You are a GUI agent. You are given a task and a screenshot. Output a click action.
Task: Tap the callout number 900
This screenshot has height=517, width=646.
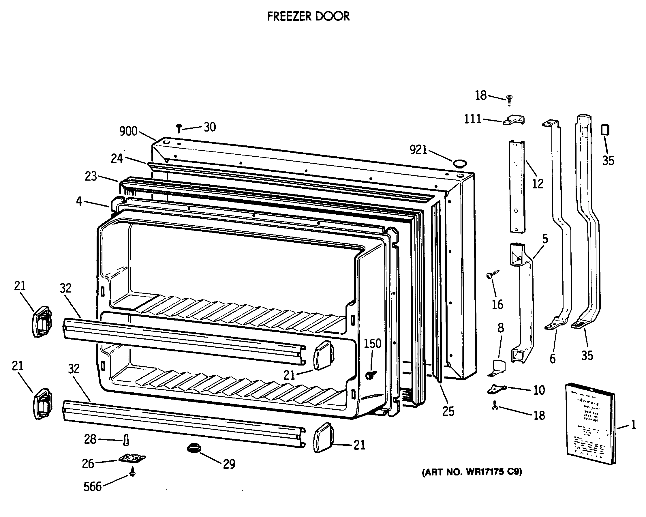[128, 131]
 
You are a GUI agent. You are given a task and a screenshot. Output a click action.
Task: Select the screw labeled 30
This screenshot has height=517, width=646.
[179, 129]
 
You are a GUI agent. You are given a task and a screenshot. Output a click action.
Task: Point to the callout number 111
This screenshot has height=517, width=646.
[472, 119]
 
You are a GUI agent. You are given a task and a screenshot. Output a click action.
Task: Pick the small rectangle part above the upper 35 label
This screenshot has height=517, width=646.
[605, 131]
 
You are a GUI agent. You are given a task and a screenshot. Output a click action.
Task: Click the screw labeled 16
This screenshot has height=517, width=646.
[493, 274]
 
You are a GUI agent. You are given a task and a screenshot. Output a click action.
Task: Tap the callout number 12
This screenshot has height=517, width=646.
[538, 184]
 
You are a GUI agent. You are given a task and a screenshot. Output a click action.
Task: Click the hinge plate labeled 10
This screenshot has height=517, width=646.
[497, 389]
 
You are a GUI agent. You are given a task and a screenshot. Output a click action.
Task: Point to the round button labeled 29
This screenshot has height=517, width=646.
[194, 448]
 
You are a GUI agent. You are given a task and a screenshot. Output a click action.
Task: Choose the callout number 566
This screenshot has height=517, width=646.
[93, 486]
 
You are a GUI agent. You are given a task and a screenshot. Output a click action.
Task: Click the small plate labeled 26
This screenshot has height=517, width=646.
[132, 458]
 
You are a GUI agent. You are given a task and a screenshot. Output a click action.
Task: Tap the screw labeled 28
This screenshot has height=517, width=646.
[126, 440]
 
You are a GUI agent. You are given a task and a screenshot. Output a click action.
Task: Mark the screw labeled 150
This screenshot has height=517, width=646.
[371, 375]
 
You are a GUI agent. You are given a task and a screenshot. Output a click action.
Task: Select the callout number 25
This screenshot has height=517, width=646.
[448, 411]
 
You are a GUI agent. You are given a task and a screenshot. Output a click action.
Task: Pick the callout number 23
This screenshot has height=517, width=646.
[91, 176]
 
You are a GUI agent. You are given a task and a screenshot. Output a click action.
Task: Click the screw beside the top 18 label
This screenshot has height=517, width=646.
[509, 100]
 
